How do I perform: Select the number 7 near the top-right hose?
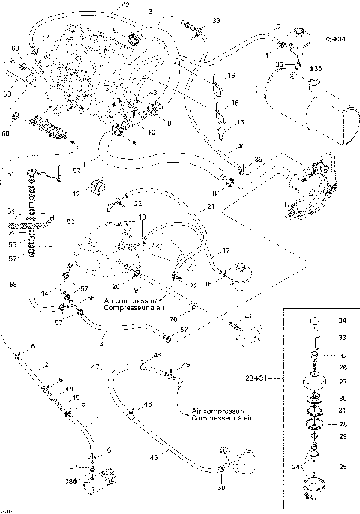pyautogui.click(x=278, y=27)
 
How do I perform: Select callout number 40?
pyautogui.click(x=241, y=146)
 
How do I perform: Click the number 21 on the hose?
pyautogui.click(x=211, y=206)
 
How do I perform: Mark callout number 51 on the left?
pyautogui.click(x=10, y=175)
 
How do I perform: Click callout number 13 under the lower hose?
pyautogui.click(x=99, y=344)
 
